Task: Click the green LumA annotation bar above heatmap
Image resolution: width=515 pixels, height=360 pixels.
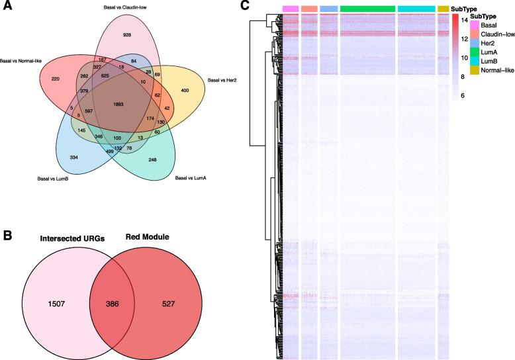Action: pos(367,9)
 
